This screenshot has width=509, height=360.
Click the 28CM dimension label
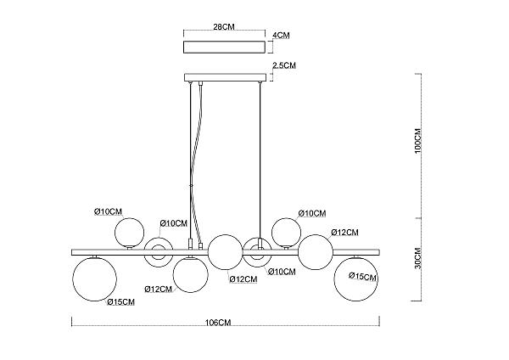pos(224,26)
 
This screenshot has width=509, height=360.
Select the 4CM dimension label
pos(281,35)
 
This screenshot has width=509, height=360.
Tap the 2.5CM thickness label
pos(284,65)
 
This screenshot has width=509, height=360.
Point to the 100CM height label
pos(417,141)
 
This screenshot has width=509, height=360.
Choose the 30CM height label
pos(417,258)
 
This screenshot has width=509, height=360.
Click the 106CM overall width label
pos(218,323)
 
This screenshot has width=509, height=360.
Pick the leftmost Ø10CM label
pos(108,212)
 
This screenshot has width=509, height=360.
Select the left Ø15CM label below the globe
pos(120,302)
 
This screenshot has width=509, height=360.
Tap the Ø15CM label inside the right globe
pos(362,277)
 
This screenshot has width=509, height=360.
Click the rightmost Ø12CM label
pos(344,233)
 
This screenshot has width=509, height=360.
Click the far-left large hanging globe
pos(94,278)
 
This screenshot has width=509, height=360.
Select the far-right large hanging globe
pos(356,278)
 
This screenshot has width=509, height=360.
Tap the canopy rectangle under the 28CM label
pos(224,47)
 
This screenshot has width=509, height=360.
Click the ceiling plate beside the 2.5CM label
pos(226,77)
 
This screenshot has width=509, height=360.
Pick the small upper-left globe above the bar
pos(129,233)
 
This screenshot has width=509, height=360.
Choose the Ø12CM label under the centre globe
pos(243,279)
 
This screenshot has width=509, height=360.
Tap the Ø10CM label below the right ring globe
pos(282,272)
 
